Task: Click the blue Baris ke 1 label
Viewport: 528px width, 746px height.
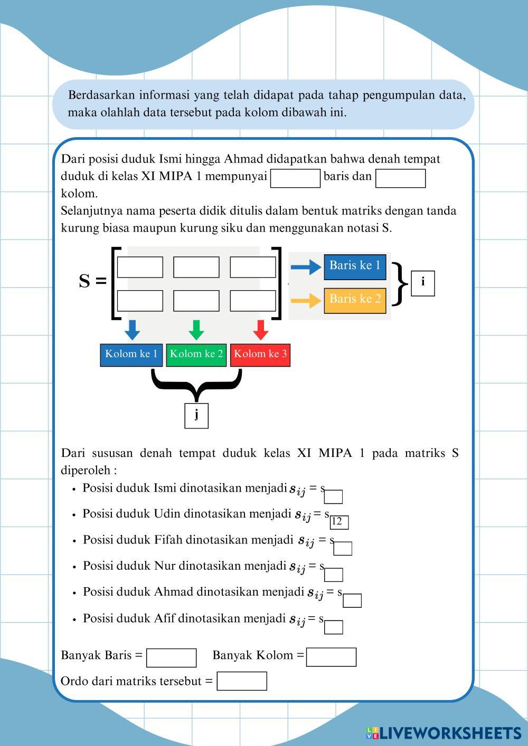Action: (355, 267)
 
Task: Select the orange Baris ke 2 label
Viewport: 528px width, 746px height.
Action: (355, 301)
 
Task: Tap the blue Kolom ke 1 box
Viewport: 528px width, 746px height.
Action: (131, 355)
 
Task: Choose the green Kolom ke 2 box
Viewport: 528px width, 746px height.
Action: (196, 355)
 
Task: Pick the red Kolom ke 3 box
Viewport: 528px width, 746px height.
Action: (260, 355)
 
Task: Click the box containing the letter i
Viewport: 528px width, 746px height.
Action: (423, 283)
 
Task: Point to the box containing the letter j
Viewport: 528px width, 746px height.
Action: (196, 416)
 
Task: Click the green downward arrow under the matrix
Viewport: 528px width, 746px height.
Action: (196, 330)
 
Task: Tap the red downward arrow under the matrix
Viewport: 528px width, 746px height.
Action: (261, 330)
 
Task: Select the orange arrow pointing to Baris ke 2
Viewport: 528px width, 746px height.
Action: (306, 301)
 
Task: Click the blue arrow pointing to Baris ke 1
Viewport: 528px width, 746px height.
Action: (306, 267)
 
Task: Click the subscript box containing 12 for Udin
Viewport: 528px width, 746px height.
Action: (340, 522)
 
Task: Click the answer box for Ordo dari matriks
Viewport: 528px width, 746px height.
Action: (242, 681)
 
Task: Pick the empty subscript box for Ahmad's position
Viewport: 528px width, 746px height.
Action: (352, 600)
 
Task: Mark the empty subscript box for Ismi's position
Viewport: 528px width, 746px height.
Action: (333, 497)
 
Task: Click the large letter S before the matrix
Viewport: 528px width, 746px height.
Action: (84, 281)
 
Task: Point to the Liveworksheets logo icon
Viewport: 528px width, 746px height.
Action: (372, 733)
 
